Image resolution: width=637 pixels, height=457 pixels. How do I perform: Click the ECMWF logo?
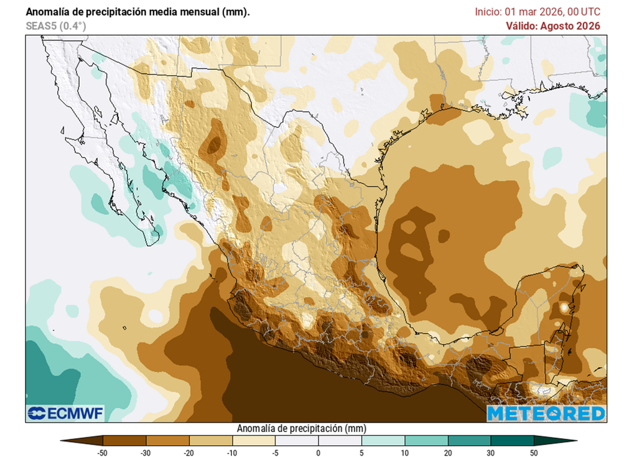65,413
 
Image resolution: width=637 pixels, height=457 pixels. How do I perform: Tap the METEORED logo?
546,413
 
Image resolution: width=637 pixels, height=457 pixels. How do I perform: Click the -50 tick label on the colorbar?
103,452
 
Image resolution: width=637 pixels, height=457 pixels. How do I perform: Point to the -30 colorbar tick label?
146,452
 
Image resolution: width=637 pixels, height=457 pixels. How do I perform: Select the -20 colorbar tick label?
189,452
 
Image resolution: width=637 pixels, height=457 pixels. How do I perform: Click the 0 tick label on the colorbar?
318,452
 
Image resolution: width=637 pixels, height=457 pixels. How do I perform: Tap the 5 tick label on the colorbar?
361,452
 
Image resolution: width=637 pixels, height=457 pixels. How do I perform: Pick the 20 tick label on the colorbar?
448,452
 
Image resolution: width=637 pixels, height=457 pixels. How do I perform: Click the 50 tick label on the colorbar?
534,452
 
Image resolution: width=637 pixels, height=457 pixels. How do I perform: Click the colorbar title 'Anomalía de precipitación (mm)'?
301,428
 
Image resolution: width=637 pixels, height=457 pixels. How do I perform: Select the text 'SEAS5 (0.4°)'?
56,26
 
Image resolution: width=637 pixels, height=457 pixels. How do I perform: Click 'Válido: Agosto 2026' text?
553,25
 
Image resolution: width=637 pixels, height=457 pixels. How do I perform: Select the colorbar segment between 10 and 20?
426,441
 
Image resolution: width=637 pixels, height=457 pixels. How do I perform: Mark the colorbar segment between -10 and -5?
254,441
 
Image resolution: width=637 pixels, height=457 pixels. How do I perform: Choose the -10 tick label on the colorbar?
232,452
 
